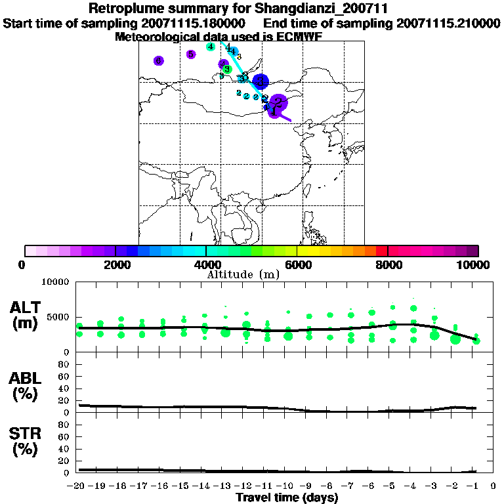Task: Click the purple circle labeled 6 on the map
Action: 158,61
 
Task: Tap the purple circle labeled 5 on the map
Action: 190,54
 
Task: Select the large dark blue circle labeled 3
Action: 261,81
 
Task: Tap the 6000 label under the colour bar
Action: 297,264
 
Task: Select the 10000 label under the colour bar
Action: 474,264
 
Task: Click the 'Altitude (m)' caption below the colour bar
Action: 243,274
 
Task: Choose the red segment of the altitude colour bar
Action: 381,251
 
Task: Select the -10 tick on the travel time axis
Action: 287,486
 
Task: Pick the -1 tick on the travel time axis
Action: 475,486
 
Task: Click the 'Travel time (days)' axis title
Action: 287,498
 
